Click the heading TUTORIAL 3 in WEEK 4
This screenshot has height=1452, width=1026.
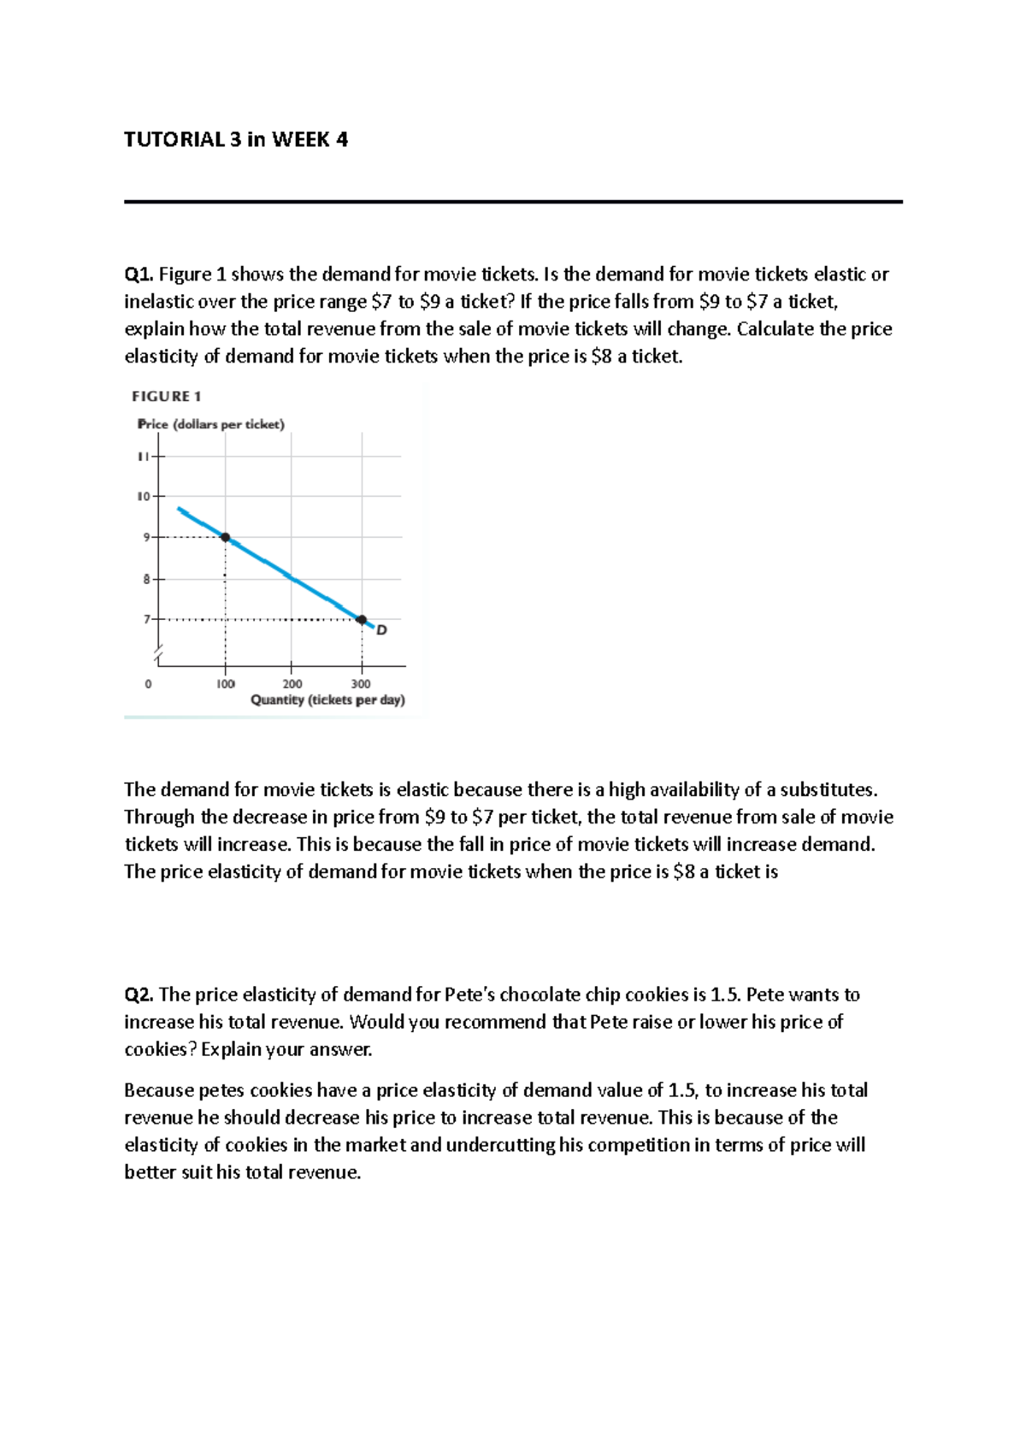click(236, 139)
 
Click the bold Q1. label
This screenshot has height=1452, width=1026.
click(139, 274)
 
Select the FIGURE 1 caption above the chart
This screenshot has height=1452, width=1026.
click(166, 396)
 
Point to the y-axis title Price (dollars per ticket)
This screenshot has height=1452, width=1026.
click(211, 424)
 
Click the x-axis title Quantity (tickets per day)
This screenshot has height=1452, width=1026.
click(327, 699)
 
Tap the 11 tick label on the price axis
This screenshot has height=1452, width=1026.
click(144, 456)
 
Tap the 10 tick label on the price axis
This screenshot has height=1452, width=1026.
click(144, 496)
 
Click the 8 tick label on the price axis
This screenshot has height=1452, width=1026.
click(146, 579)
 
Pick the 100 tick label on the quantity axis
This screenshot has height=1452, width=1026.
click(225, 684)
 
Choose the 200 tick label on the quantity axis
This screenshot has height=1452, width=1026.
click(292, 684)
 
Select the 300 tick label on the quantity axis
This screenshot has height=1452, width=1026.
click(361, 684)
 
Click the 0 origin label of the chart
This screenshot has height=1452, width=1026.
click(149, 684)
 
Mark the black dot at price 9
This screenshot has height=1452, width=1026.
click(225, 537)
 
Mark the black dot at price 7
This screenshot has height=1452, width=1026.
click(361, 619)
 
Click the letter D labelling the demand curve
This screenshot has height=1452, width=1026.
click(381, 630)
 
